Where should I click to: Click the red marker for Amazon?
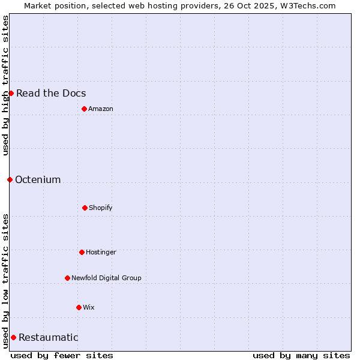[84, 109]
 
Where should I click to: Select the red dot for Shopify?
[85, 208]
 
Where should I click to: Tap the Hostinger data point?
[82, 252]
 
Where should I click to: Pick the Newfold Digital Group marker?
[67, 278]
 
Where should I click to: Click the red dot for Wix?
[79, 307]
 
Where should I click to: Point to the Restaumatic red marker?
[13, 337]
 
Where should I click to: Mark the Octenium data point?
[10, 179]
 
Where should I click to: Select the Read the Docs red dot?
[11, 93]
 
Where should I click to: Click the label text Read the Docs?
[51, 93]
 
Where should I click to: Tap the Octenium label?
[38, 179]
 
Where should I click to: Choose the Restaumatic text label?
[48, 337]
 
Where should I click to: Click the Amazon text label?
[101, 109]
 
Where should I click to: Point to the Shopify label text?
[101, 208]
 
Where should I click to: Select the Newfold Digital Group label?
[106, 278]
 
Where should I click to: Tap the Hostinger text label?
[101, 252]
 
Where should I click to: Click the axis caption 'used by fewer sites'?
[62, 355]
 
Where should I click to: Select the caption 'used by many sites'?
[301, 355]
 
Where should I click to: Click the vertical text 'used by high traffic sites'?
[5, 85]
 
